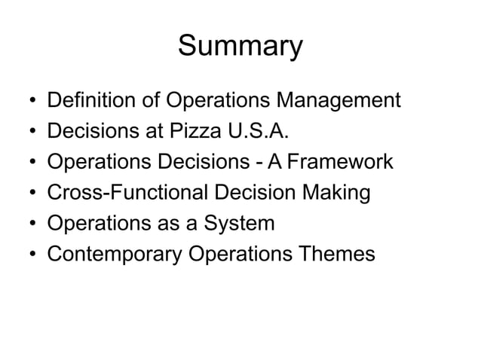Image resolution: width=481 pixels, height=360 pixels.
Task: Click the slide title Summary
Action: (240, 47)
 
